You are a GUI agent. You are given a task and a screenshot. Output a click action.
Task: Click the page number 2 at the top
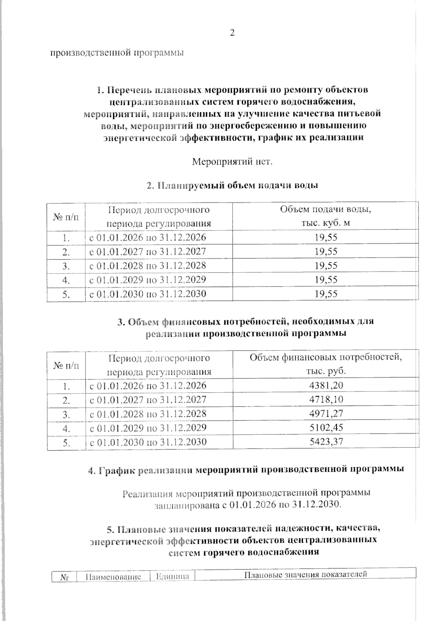point(232,33)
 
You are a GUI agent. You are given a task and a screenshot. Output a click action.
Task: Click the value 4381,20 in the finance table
point(326,385)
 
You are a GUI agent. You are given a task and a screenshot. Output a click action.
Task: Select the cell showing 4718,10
point(326,399)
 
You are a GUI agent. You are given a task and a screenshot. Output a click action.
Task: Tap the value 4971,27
point(326,414)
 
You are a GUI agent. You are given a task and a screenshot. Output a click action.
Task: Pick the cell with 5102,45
point(326,427)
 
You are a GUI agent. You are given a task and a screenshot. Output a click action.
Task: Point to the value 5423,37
point(326,442)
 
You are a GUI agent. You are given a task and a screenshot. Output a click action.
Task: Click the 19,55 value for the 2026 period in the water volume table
point(326,237)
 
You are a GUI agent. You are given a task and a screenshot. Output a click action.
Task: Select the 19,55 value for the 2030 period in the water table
point(326,294)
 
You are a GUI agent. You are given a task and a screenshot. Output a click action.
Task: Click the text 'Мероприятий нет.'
point(232,161)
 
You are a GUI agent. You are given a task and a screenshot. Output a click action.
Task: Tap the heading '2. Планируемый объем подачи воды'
point(232,185)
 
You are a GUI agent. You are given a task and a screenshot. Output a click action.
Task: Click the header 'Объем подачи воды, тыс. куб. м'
point(326,216)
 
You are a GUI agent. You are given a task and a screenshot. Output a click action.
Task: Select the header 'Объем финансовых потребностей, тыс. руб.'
point(326,364)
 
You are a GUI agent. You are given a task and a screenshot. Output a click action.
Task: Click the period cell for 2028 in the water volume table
point(148,265)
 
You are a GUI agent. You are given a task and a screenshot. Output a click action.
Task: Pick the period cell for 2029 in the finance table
point(148,428)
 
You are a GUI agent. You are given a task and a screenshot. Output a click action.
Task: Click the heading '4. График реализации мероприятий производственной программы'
point(246,470)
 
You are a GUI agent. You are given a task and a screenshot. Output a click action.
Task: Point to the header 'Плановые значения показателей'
point(305,574)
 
